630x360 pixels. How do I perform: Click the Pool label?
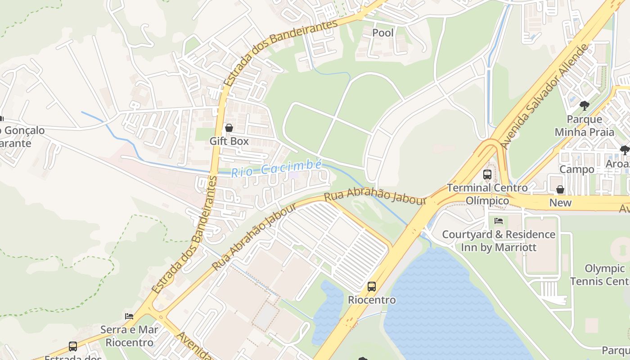[x=383, y=33]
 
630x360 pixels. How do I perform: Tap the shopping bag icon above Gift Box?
[x=229, y=128]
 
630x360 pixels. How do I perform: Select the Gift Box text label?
[x=229, y=141]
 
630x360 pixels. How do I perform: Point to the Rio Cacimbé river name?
[x=276, y=169]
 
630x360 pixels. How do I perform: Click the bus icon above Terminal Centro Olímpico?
[x=487, y=175]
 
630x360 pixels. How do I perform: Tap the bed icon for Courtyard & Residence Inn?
[x=498, y=221]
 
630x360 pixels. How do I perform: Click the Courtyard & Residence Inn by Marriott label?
[x=499, y=241]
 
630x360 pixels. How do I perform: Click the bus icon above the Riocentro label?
[x=372, y=287]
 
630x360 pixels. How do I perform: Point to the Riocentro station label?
[x=372, y=300]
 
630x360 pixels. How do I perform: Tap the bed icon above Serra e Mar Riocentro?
[x=129, y=316]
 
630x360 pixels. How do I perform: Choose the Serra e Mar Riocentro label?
[x=129, y=336]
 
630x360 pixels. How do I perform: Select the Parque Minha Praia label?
[x=584, y=126]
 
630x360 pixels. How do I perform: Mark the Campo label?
[x=576, y=170]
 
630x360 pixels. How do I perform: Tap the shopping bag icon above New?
[x=560, y=190]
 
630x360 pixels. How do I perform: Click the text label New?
[x=560, y=203]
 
